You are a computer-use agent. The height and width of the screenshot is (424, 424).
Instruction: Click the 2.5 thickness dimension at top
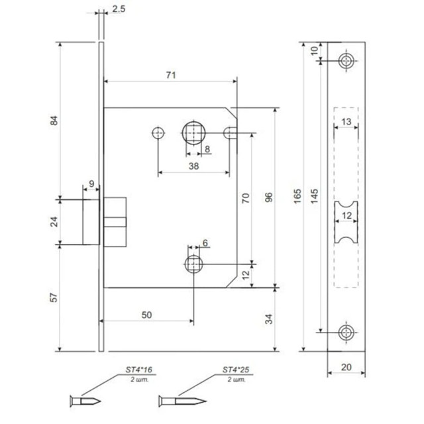(x=119, y=10)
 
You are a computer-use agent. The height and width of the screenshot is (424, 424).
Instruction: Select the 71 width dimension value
(x=170, y=76)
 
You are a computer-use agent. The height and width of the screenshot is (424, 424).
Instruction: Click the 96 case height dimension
(x=268, y=197)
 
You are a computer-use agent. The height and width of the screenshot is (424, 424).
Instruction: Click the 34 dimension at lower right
(x=268, y=320)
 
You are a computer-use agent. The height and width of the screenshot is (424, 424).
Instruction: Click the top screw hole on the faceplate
(x=345, y=61)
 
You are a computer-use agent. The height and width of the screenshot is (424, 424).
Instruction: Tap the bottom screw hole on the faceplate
(x=345, y=332)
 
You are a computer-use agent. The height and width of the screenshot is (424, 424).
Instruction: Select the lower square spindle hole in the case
(x=193, y=264)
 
